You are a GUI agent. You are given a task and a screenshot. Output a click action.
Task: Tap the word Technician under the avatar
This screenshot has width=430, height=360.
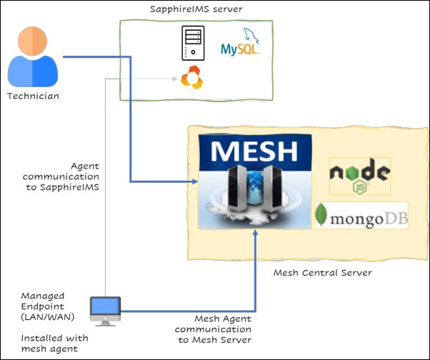click(x=32, y=96)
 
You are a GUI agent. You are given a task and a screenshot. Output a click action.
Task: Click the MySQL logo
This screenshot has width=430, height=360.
click(x=240, y=44)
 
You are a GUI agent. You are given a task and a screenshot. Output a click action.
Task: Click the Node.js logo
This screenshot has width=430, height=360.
click(x=359, y=176)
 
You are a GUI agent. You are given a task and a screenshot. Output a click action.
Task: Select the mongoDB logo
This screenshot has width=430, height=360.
click(x=361, y=216)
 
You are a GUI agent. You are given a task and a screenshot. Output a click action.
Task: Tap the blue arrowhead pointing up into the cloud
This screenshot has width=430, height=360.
click(x=255, y=234)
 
